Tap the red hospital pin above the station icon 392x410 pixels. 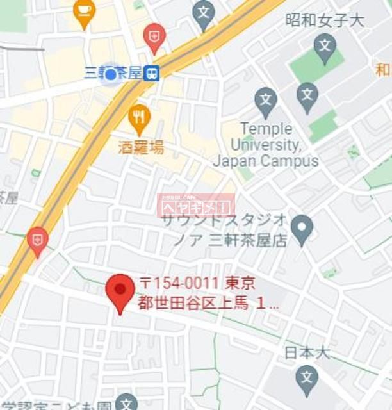click(x=154, y=37)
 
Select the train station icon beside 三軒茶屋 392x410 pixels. click(x=152, y=74)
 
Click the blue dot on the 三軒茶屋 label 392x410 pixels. click(x=110, y=74)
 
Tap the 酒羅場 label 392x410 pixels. click(x=141, y=147)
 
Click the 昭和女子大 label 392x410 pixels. click(x=324, y=20)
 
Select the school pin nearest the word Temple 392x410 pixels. click(x=265, y=101)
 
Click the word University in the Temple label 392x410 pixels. click(x=265, y=145)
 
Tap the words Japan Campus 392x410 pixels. click(x=265, y=160)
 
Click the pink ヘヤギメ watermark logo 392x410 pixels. click(x=196, y=205)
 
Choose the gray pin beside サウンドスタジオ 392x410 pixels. click(x=301, y=228)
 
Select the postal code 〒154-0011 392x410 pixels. click(x=179, y=282)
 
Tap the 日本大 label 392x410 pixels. click(x=308, y=353)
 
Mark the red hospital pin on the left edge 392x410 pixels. click(x=38, y=241)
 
